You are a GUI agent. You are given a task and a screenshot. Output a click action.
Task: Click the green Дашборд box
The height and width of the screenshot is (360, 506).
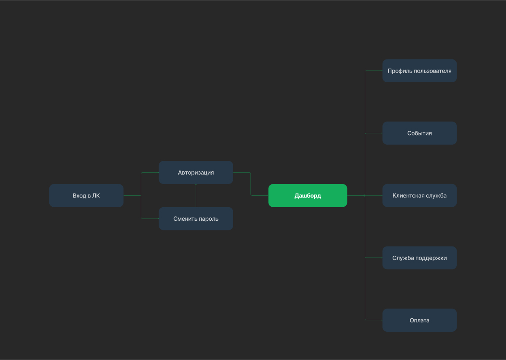click(307, 195)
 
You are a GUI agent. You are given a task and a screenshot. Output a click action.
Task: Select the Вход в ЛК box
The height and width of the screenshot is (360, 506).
click(86, 195)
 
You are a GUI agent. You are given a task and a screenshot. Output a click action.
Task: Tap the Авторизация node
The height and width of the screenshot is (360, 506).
click(196, 172)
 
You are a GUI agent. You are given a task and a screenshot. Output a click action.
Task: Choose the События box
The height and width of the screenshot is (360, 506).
click(419, 133)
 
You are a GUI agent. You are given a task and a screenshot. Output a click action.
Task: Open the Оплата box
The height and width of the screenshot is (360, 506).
click(419, 320)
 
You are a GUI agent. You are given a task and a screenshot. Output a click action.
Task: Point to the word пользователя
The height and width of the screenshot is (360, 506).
click(433, 71)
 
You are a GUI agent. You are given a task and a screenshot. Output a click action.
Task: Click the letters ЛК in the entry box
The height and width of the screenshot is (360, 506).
click(96, 195)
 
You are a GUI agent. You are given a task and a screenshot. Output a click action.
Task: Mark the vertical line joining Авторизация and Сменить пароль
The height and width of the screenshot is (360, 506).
click(196, 195)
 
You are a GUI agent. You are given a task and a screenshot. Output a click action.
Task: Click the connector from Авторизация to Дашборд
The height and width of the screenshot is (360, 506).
click(250, 184)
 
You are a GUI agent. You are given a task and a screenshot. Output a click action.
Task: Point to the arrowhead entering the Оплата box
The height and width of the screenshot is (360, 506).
click(381, 320)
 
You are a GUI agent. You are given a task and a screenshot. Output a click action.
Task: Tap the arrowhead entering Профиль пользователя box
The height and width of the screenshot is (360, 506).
click(381, 71)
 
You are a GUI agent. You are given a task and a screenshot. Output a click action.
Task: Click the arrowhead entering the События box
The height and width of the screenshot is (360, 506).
click(381, 133)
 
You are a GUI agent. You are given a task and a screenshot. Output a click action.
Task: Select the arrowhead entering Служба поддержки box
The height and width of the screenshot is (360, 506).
click(381, 258)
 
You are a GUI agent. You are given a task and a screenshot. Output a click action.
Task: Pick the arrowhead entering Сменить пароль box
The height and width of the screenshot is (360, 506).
click(157, 219)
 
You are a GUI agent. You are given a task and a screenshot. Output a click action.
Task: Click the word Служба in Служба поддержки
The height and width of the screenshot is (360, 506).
click(403, 258)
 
